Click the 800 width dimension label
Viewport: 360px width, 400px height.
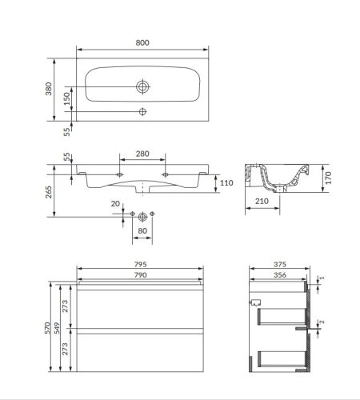pyautogui.click(x=142, y=42)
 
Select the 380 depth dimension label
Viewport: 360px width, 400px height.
pyautogui.click(x=48, y=89)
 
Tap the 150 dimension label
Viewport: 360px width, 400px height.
pyautogui.click(x=67, y=98)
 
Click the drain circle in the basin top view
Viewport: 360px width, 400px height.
pyautogui.click(x=142, y=86)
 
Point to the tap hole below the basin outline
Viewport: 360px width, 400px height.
pyautogui.click(x=142, y=111)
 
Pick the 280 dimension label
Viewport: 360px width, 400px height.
pyautogui.click(x=142, y=154)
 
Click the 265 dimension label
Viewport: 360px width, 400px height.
pyautogui.click(x=48, y=192)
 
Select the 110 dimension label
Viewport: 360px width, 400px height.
pyautogui.click(x=226, y=183)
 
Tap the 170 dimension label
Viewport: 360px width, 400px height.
pyautogui.click(x=328, y=178)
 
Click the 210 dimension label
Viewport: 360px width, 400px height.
pyautogui.click(x=262, y=202)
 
